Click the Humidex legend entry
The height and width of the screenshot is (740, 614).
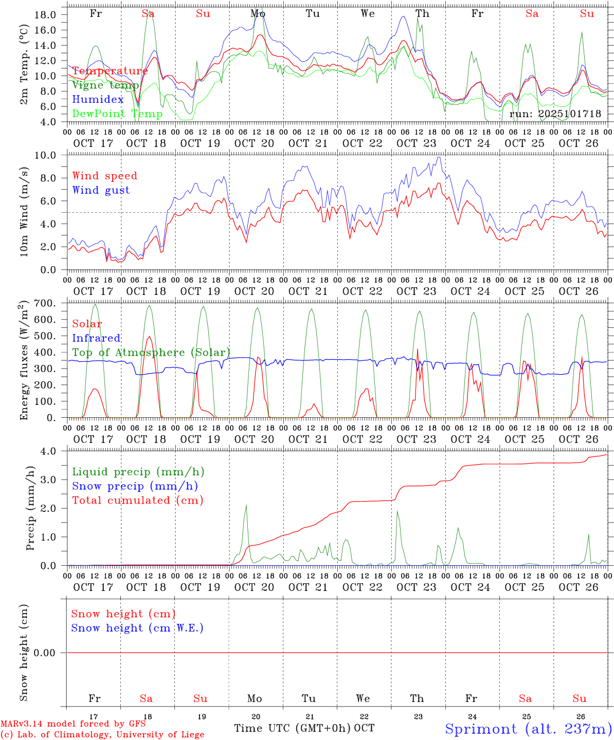(x=98, y=100)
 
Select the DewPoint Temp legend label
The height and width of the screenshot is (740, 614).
(x=117, y=114)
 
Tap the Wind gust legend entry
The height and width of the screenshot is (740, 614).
(x=101, y=190)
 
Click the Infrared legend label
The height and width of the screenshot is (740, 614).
(x=96, y=338)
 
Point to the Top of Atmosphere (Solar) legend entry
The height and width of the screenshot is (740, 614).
(x=151, y=353)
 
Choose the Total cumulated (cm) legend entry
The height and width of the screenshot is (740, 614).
(x=137, y=500)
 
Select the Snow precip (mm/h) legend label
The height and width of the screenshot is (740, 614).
(x=135, y=486)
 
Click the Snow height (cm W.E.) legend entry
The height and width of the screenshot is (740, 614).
(x=137, y=628)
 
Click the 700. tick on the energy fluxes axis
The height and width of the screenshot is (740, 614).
(x=45, y=303)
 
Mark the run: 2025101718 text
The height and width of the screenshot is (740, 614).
(x=555, y=114)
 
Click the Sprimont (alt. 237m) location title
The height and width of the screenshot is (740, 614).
(x=528, y=729)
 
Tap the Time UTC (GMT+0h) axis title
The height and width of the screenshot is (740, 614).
(x=292, y=728)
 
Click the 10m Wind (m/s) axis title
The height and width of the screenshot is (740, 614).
(x=24, y=212)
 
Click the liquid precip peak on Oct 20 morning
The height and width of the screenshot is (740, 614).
(x=246, y=506)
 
